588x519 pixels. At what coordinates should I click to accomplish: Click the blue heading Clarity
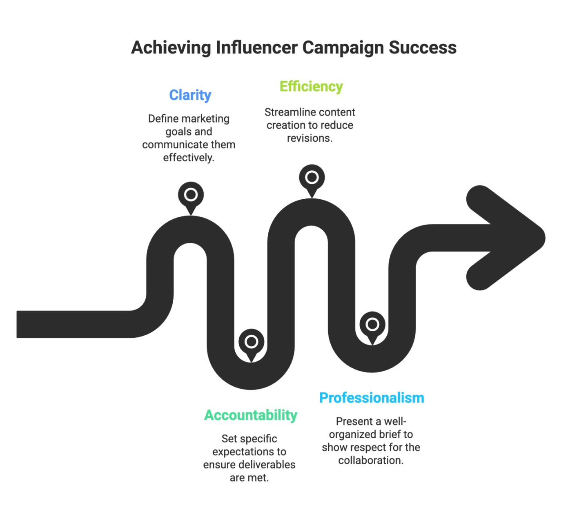tap(190, 95)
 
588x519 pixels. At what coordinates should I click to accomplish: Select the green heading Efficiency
tap(311, 87)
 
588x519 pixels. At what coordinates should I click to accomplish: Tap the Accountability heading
tap(251, 415)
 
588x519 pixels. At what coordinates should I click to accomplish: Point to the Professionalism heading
tap(372, 398)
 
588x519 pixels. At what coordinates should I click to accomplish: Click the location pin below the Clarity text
tap(191, 195)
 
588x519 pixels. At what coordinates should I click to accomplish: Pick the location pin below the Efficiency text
tap(312, 178)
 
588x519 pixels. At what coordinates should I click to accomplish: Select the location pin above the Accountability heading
tap(251, 342)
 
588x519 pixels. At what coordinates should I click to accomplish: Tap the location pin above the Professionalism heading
tap(372, 325)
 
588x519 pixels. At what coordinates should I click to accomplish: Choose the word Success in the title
tap(422, 48)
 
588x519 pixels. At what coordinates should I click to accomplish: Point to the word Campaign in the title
tap(343, 48)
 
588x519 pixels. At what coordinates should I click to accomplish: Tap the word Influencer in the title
tap(256, 48)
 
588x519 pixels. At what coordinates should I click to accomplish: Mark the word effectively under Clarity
tap(189, 158)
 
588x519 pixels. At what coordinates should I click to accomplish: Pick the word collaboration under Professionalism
tap(371, 460)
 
